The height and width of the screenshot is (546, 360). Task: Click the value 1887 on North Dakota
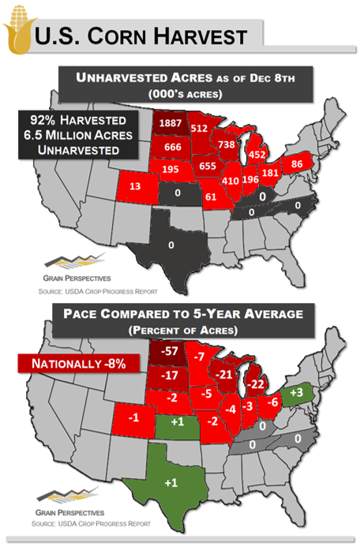[x=169, y=123]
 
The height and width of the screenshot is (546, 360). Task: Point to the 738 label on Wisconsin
[x=227, y=144]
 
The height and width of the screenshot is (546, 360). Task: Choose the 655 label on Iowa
[x=208, y=166]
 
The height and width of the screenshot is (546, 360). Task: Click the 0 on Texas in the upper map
[x=171, y=245]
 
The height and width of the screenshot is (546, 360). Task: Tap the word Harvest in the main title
[x=200, y=36]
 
